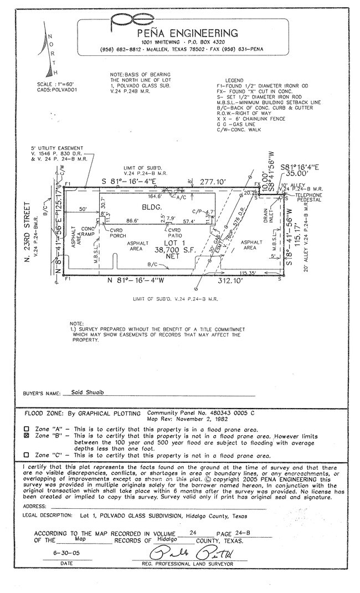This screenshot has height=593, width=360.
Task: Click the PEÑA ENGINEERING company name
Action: pos(189,33)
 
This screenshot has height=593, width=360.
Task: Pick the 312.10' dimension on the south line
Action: pos(229,281)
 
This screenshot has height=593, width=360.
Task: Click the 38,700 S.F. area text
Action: pos(168,250)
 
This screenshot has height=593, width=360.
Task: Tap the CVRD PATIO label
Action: pos(174,233)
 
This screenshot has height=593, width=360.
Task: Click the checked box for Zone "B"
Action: pos(26,436)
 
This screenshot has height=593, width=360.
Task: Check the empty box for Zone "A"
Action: pos(26,429)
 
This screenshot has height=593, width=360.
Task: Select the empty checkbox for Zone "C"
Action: pos(26,455)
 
